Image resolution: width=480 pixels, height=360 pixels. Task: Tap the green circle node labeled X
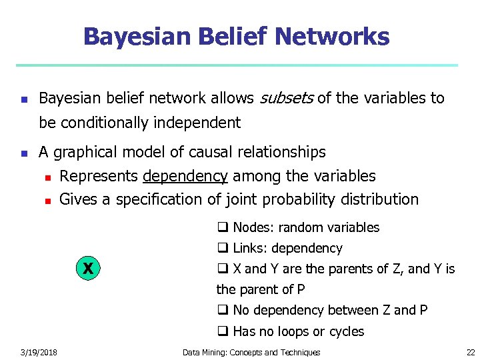point(87,269)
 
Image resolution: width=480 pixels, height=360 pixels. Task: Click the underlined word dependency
point(185,176)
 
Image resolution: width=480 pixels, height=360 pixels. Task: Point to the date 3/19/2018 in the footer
point(39,352)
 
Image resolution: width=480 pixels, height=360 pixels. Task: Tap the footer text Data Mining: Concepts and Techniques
point(251,352)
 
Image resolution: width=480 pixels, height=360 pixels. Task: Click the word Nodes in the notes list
point(253,227)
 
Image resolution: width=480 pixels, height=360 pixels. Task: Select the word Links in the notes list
point(249,248)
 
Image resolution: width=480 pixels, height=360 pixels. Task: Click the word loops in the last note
point(297,331)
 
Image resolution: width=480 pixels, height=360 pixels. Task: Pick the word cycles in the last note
point(345,331)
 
